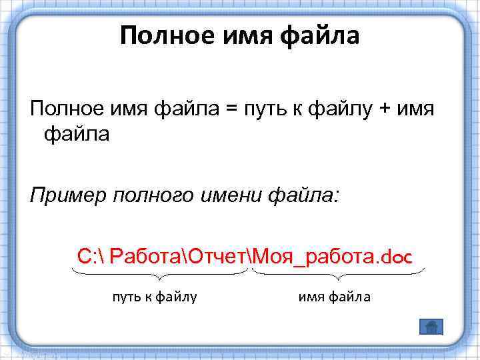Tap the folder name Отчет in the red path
[x=217, y=255]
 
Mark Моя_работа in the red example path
[x=311, y=255]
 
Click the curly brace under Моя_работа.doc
[x=339, y=274]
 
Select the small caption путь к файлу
[x=154, y=297]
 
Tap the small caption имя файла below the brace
[x=333, y=297]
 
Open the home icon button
[x=431, y=326]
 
